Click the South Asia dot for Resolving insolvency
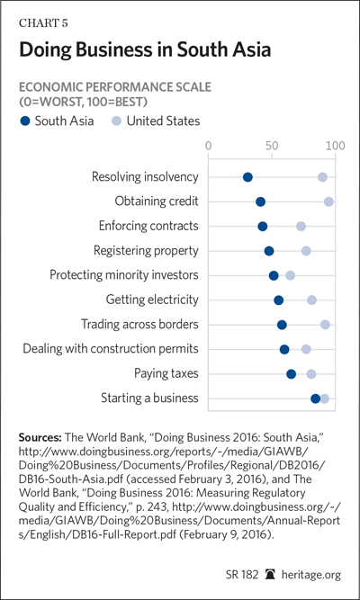click(247, 177)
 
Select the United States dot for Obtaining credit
click(328, 201)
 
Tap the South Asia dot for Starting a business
click(315, 399)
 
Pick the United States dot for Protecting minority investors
click(291, 275)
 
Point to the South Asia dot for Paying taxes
click(291, 374)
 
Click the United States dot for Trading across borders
click(325, 325)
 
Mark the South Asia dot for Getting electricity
click(279, 300)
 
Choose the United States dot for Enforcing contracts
click(301, 226)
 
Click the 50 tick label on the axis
click(272, 146)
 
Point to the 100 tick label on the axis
click(336, 146)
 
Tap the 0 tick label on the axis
click(208, 146)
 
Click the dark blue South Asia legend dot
click(25, 121)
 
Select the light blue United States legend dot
click(117, 121)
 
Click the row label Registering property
click(147, 251)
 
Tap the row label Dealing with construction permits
click(111, 349)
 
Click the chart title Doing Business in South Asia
click(145, 50)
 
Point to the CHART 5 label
click(43, 23)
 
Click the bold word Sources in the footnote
click(40, 437)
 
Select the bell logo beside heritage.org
click(270, 574)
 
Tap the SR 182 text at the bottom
click(241, 574)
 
